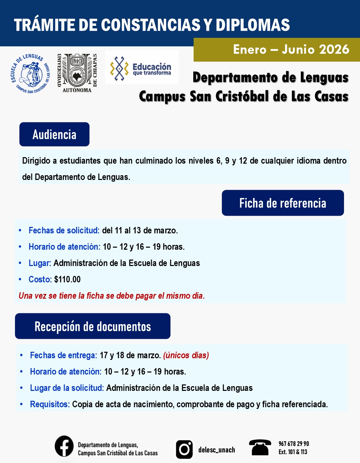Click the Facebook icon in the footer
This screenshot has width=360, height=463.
[64, 446]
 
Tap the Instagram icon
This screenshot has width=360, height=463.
[184, 449]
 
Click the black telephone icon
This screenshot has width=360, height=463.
[260, 447]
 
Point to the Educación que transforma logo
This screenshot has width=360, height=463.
[142, 68]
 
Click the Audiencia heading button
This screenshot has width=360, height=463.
[54, 134]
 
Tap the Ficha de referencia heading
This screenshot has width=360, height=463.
[283, 203]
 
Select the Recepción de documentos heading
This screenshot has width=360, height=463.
[93, 326]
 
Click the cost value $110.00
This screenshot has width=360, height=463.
[67, 279]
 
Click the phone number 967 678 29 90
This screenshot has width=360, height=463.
[294, 444]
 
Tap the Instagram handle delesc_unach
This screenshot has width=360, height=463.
[216, 450]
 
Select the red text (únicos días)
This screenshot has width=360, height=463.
[186, 355]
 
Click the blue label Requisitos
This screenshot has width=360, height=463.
[50, 404]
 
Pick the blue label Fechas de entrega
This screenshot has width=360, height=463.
[63, 355]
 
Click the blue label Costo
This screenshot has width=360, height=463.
[40, 279]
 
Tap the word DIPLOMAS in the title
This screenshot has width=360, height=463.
[252, 25]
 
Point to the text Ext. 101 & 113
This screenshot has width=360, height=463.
[293, 452]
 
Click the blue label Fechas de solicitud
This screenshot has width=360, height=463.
[64, 230]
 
